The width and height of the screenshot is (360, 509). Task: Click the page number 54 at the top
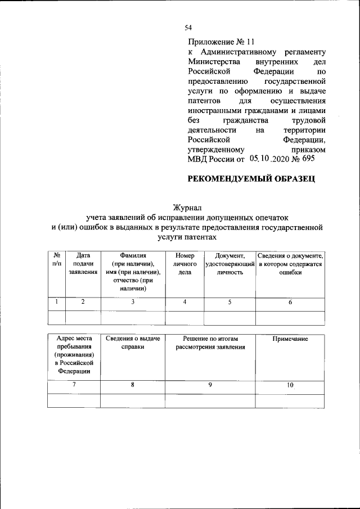click(x=188, y=28)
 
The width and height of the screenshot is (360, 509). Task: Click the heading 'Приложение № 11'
click(x=221, y=42)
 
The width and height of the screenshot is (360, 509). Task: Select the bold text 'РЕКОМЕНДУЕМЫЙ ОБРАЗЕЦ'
click(x=251, y=179)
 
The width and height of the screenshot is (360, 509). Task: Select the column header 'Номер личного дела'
click(x=184, y=263)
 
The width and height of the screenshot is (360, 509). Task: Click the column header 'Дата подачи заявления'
click(x=83, y=263)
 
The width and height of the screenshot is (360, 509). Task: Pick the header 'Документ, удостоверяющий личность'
click(x=229, y=263)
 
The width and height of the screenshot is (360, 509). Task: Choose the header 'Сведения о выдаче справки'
click(x=132, y=343)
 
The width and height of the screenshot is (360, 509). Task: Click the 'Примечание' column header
click(x=290, y=339)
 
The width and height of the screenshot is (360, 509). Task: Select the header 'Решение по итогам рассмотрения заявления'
click(x=210, y=343)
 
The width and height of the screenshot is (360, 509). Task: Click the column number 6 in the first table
click(x=290, y=302)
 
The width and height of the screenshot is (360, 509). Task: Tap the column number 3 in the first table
click(x=133, y=302)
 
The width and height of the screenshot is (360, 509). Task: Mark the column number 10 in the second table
click(x=290, y=385)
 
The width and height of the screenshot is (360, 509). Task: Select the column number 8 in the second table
click(x=132, y=385)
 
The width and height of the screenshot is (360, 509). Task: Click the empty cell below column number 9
click(x=210, y=400)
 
